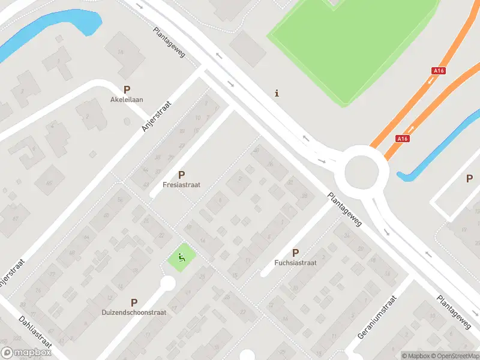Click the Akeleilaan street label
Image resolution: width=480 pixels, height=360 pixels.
pyautogui.click(x=127, y=100)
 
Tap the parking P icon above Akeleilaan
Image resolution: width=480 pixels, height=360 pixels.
pyautogui.click(x=127, y=89)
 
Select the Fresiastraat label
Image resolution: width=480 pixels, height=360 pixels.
pyautogui.click(x=181, y=185)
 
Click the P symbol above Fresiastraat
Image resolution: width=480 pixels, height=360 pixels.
pyautogui.click(x=181, y=175)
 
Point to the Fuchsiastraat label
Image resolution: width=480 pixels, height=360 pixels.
pyautogui.click(x=295, y=262)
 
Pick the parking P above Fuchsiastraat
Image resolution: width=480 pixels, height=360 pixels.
pyautogui.click(x=295, y=253)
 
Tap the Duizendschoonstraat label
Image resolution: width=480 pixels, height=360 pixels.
pyautogui.click(x=134, y=312)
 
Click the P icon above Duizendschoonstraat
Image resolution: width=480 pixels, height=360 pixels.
pyautogui.click(x=134, y=303)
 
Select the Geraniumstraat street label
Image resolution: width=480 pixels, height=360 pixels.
pyautogui.click(x=377, y=316)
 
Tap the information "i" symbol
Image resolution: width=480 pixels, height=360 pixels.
pyautogui.click(x=276, y=93)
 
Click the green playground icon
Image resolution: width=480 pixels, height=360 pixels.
pyautogui.click(x=181, y=259)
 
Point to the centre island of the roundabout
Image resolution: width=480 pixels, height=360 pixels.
pyautogui.click(x=363, y=173)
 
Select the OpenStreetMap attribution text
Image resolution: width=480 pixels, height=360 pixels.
pyautogui.click(x=457, y=356)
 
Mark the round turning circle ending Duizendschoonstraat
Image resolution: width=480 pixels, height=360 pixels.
pyautogui.click(x=167, y=283)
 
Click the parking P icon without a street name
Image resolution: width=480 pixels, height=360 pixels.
pyautogui.click(x=469, y=178)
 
